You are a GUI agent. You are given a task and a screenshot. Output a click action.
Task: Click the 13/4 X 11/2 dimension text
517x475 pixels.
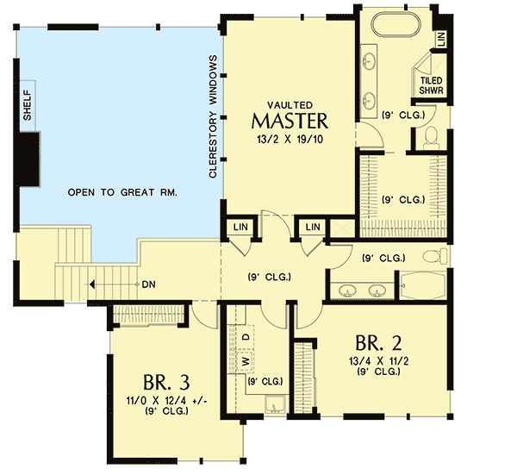tap(376, 359)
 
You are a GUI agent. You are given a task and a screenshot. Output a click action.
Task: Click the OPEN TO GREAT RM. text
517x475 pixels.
tap(122, 194)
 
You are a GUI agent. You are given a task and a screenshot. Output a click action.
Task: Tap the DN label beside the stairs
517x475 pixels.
tap(147, 284)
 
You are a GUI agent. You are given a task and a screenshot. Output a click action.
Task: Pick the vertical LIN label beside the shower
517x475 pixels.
tap(440, 38)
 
